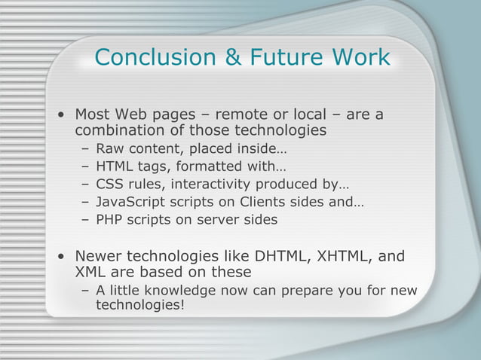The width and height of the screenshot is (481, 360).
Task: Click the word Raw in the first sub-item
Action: tap(109, 148)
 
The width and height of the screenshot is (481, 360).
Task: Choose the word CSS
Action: tap(109, 184)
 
